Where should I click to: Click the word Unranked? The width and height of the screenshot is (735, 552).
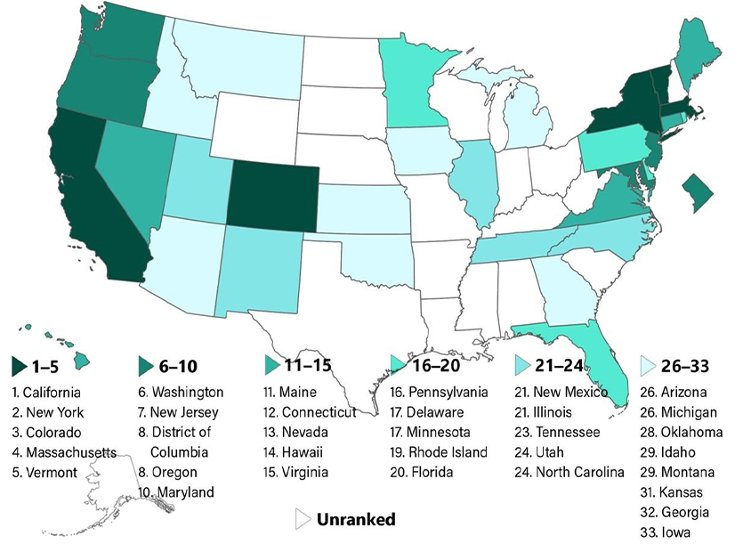(x=356, y=518)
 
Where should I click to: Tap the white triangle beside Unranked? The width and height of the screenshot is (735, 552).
(x=302, y=519)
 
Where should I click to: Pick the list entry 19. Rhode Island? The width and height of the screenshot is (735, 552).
(x=439, y=452)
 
